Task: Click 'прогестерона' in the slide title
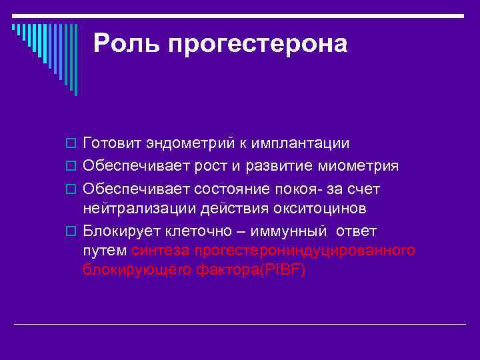pyautogui.click(x=257, y=44)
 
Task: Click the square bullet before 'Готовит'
pyautogui.click(x=73, y=145)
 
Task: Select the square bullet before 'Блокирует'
pyautogui.click(x=73, y=231)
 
